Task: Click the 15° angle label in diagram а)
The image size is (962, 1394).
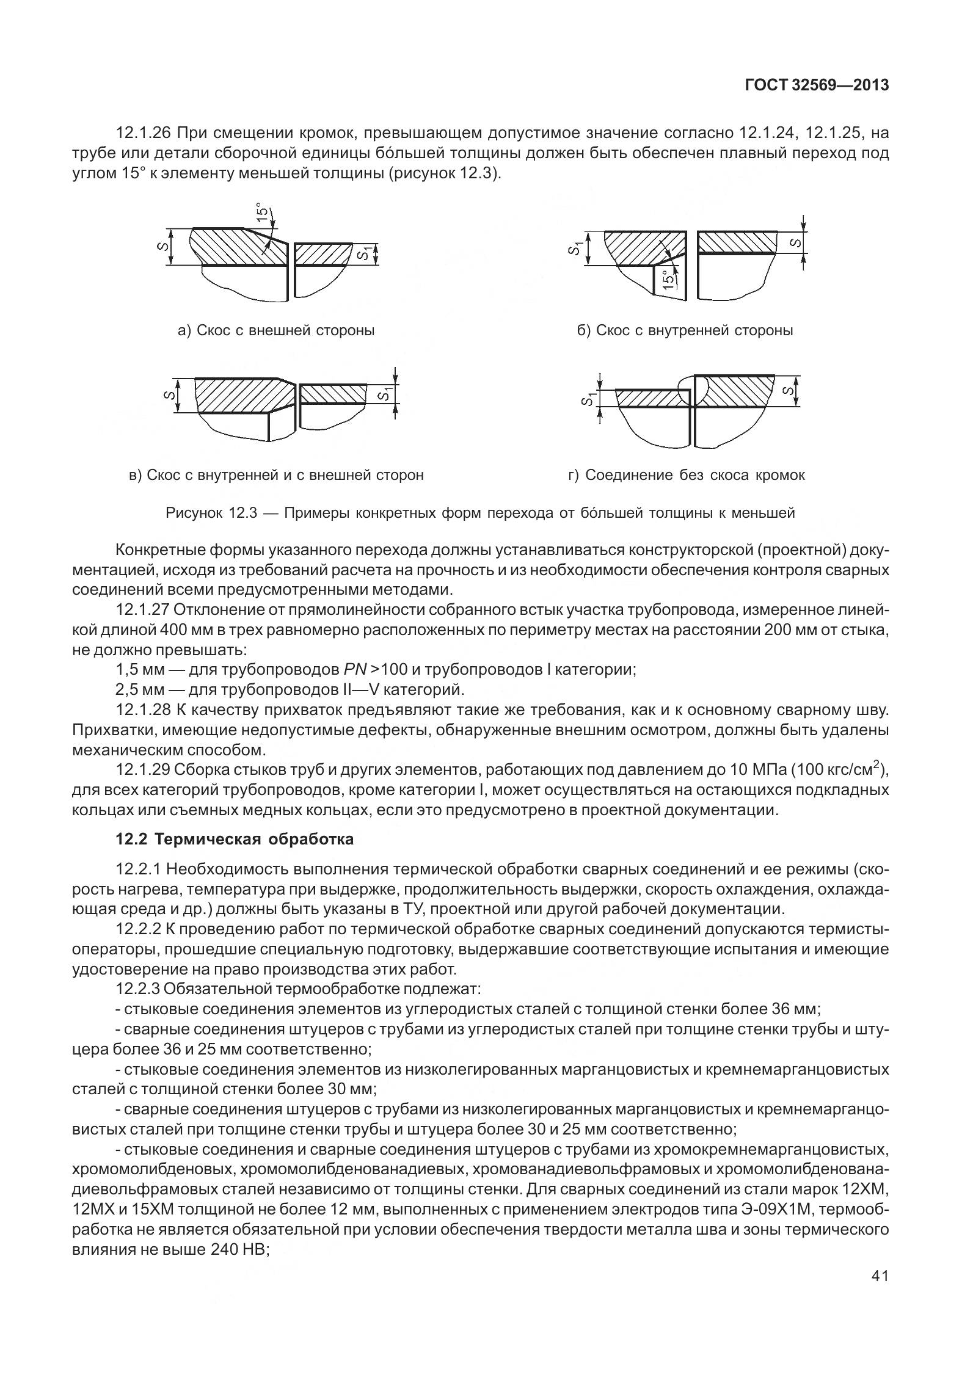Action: click(262, 212)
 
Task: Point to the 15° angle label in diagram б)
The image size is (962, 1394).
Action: click(669, 279)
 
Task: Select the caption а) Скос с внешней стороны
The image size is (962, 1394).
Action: click(276, 330)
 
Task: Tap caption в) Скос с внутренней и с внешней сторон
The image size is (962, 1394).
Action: click(277, 474)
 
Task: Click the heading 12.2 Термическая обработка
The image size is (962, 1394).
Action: click(235, 839)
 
